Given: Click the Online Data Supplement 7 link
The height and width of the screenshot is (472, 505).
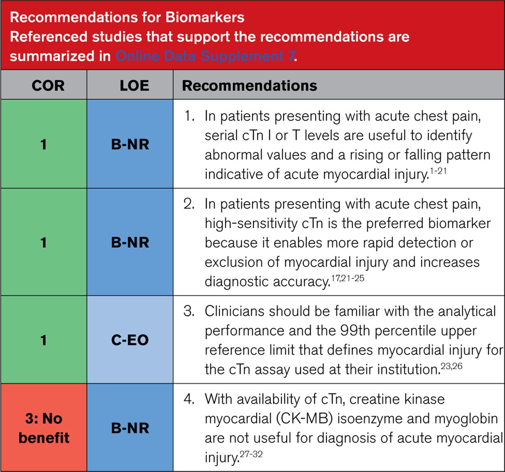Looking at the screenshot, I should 205,56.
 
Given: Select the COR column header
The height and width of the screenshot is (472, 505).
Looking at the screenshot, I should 48,86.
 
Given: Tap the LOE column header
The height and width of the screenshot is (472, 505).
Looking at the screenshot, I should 134,86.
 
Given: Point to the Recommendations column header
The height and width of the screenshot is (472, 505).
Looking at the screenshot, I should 249,86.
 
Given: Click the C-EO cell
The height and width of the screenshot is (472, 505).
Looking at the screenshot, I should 130,340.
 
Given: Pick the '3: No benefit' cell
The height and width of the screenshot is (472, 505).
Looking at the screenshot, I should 44,428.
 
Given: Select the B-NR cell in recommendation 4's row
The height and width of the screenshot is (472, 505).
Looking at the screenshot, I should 130,428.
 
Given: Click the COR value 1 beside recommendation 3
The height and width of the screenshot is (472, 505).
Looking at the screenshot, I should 43,340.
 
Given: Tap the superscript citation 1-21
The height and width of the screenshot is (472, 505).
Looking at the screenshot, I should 438,171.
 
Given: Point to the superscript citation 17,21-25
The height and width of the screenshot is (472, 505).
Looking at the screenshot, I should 347,278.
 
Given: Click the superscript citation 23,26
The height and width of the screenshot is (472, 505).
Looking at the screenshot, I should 451,366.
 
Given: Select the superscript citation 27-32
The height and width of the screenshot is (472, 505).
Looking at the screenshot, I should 251,454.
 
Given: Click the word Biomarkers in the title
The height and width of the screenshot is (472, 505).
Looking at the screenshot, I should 205,17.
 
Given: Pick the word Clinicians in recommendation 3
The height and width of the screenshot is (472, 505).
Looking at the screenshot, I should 237,311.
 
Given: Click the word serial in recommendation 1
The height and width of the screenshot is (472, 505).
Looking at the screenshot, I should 221,135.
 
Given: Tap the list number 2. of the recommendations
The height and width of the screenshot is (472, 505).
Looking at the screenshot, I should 189,204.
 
